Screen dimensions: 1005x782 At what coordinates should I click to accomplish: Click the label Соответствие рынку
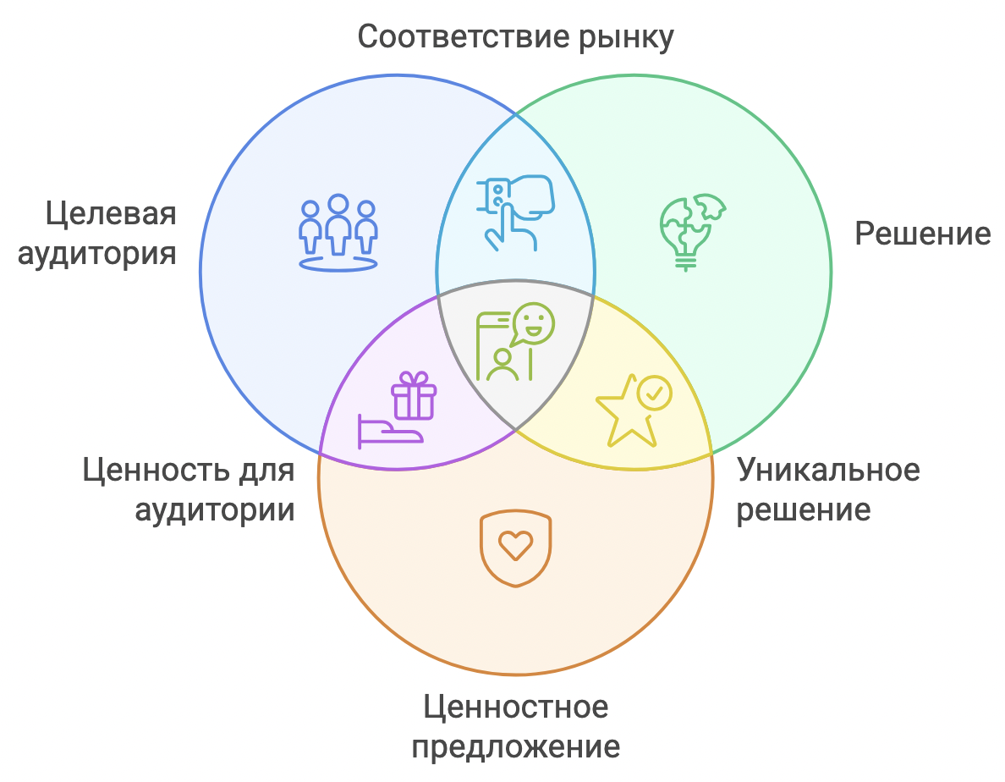pos(515,37)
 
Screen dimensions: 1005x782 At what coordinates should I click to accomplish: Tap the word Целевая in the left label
pos(111,213)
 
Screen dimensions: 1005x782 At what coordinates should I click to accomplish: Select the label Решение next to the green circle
pos(922,234)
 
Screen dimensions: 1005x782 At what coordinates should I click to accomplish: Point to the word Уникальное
pos(828,471)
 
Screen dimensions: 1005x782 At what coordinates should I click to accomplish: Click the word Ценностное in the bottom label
pos(515,708)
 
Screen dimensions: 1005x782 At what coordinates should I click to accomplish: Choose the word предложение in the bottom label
pos(515,747)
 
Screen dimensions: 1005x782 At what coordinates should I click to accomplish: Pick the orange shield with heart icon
pos(515,548)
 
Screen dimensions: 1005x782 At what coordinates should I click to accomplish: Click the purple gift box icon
pos(414,395)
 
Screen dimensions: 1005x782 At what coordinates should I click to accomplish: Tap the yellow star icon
pos(627,413)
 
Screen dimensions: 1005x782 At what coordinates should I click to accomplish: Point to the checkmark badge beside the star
pos(655,393)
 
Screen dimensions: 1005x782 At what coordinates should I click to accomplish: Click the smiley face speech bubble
pos(533,323)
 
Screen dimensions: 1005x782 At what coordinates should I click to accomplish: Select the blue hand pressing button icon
pos(515,212)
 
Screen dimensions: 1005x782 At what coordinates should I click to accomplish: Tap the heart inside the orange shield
pos(515,546)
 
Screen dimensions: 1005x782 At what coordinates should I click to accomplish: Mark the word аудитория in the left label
pos(96,254)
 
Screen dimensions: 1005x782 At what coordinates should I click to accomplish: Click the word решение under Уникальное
pos(803,510)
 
